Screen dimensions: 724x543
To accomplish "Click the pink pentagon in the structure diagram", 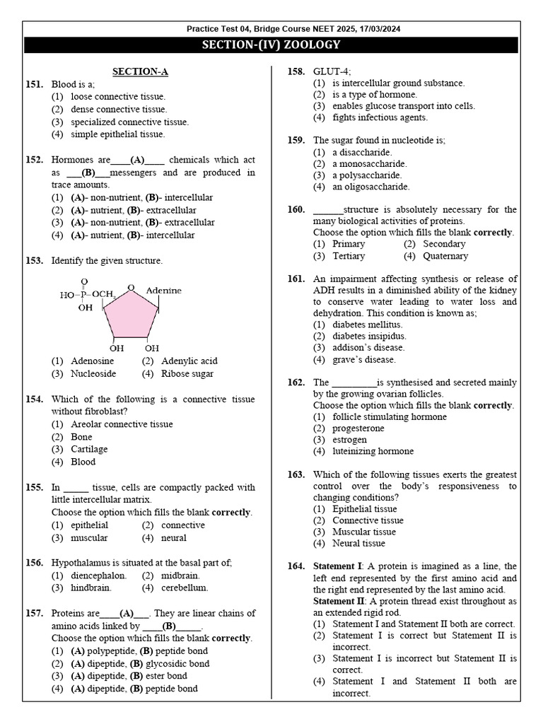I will [x=131, y=315].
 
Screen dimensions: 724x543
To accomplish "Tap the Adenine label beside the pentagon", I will [x=163, y=291].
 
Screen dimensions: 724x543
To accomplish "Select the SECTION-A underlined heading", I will [x=140, y=71].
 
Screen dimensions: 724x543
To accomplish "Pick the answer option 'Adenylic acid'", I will [x=189, y=361].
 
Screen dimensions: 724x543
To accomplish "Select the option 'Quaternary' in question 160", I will [x=445, y=256].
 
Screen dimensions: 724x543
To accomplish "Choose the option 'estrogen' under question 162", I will [x=349, y=440].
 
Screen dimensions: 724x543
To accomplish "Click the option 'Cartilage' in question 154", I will [x=89, y=450].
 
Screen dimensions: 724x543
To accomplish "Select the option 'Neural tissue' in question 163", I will [x=358, y=543].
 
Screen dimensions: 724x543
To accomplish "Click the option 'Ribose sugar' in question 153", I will [x=187, y=374].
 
